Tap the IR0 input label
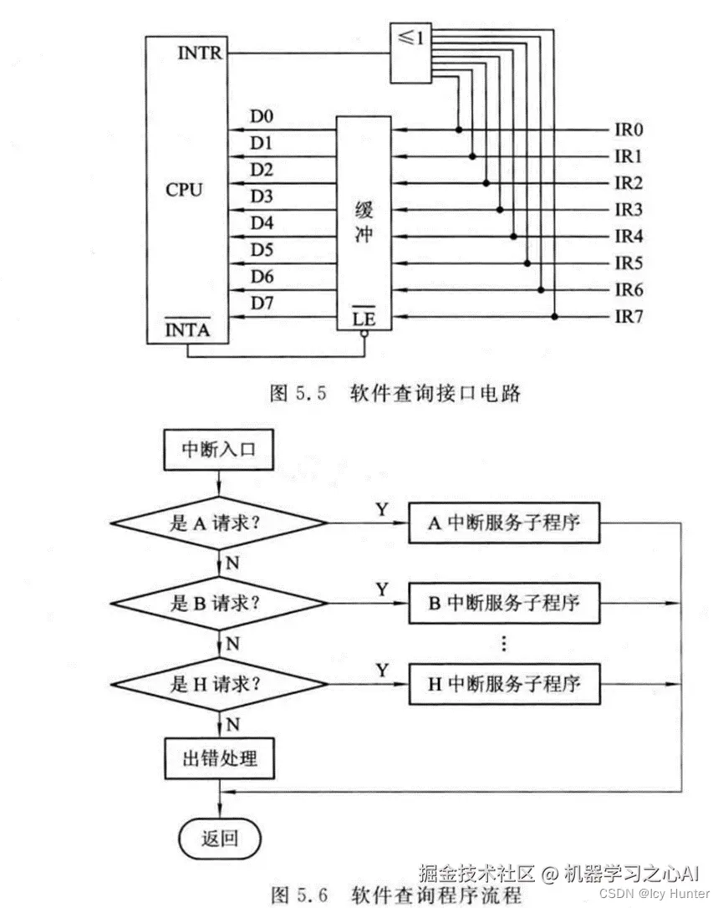coord(629,130)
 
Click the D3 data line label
coord(262,196)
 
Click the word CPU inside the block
coord(184,189)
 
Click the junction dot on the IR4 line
coord(513,237)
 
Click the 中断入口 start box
coord(218,449)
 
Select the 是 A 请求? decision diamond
coord(218,523)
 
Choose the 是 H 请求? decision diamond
coord(218,685)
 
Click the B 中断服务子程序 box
coord(504,603)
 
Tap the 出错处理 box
coord(218,759)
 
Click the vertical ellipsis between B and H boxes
coord(503,644)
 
